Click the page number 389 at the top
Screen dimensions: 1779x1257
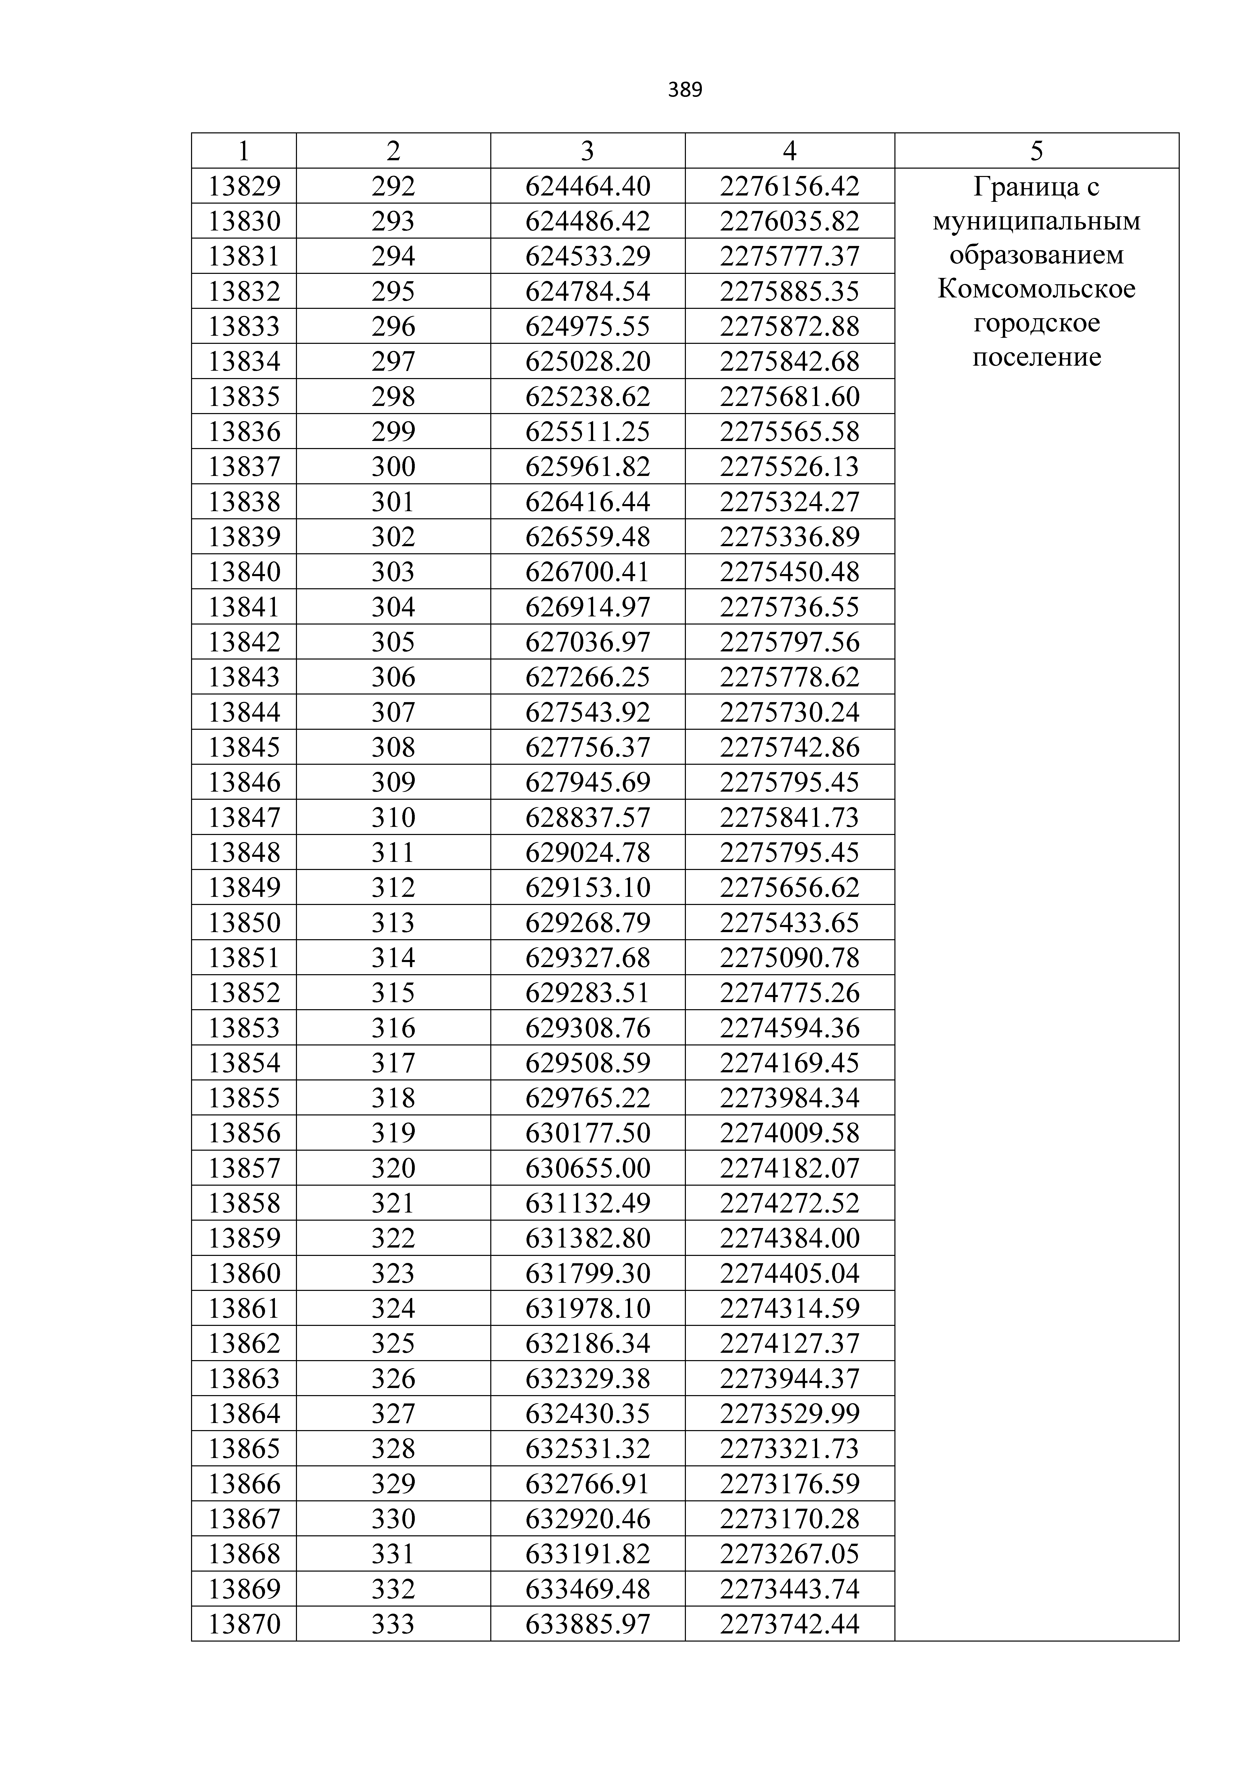[685, 91]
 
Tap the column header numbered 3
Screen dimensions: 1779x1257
[588, 150]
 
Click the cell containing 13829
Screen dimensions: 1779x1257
[244, 186]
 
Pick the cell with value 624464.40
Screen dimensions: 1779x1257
[588, 186]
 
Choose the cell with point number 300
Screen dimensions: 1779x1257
[393, 467]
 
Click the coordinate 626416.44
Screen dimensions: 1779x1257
[588, 502]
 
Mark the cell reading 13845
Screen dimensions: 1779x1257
[244, 747]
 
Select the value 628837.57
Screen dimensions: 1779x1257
[588, 817]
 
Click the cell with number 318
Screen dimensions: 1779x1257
[393, 1098]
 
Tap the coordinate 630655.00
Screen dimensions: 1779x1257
[588, 1168]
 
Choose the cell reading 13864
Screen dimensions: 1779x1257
[244, 1413]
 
